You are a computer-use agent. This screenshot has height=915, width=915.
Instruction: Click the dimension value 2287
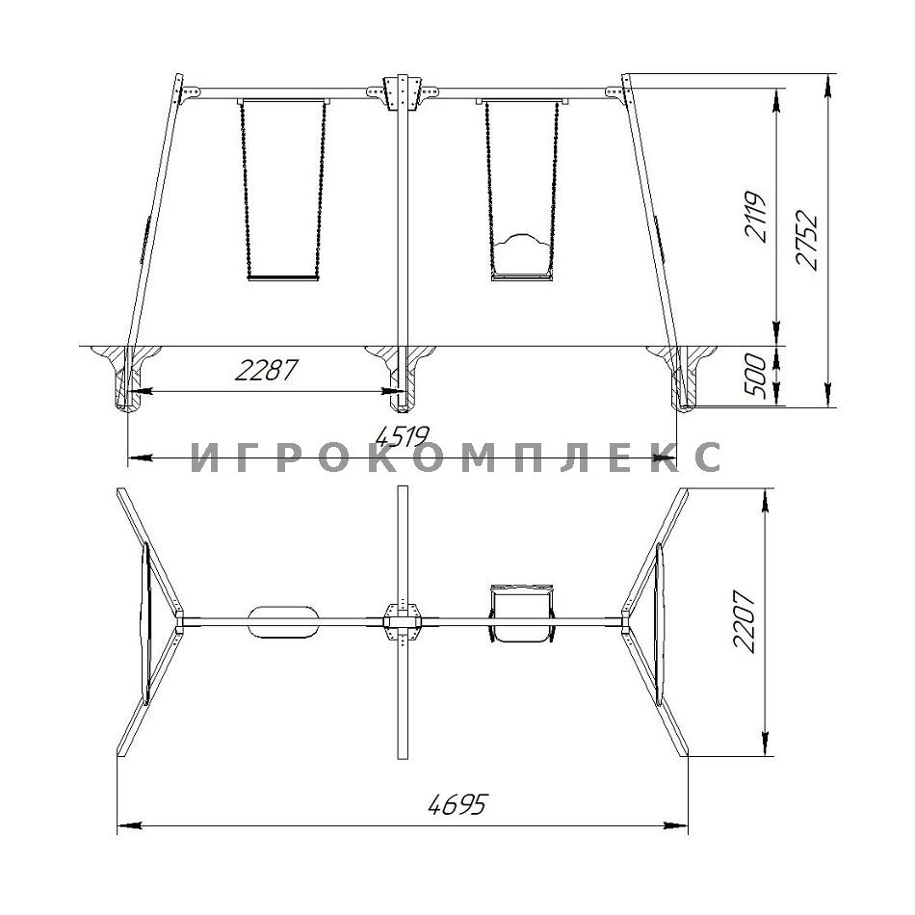coord(266,370)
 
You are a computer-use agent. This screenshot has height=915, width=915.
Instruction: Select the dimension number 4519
coord(402,436)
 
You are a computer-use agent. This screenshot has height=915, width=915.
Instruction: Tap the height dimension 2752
coord(808,240)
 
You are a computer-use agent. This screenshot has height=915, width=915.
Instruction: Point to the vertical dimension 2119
coord(754,216)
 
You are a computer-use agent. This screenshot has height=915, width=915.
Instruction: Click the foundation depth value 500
coord(756,376)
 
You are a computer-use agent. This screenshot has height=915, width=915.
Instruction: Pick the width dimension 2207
coord(745,621)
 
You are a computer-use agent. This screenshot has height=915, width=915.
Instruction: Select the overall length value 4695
coord(457,805)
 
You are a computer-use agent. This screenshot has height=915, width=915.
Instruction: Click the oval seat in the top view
coord(283,622)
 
